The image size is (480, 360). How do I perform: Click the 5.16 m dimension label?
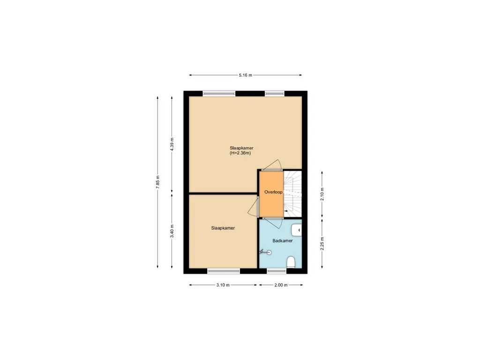[246, 75]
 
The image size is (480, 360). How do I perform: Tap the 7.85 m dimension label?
[157, 182]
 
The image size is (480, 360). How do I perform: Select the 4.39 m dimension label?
[172, 144]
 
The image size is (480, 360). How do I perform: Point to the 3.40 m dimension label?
[172, 231]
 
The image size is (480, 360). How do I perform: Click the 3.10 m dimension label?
[223, 285]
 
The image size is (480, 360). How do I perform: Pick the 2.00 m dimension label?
[281, 285]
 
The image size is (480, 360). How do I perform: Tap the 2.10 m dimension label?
[322, 194]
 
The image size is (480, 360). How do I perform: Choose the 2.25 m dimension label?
[322, 244]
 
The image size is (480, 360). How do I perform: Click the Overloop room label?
[273, 192]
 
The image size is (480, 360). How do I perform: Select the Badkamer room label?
[283, 240]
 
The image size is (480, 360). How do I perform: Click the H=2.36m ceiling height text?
[240, 153]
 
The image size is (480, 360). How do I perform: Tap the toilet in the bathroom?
[291, 262]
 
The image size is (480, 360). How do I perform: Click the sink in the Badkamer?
[297, 230]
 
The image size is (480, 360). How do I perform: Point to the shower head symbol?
[266, 252]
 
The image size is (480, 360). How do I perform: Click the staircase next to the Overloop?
[292, 194]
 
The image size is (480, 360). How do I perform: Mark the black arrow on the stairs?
[286, 211]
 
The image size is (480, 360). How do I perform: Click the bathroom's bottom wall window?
[277, 271]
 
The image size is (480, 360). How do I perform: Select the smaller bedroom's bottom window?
[224, 271]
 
